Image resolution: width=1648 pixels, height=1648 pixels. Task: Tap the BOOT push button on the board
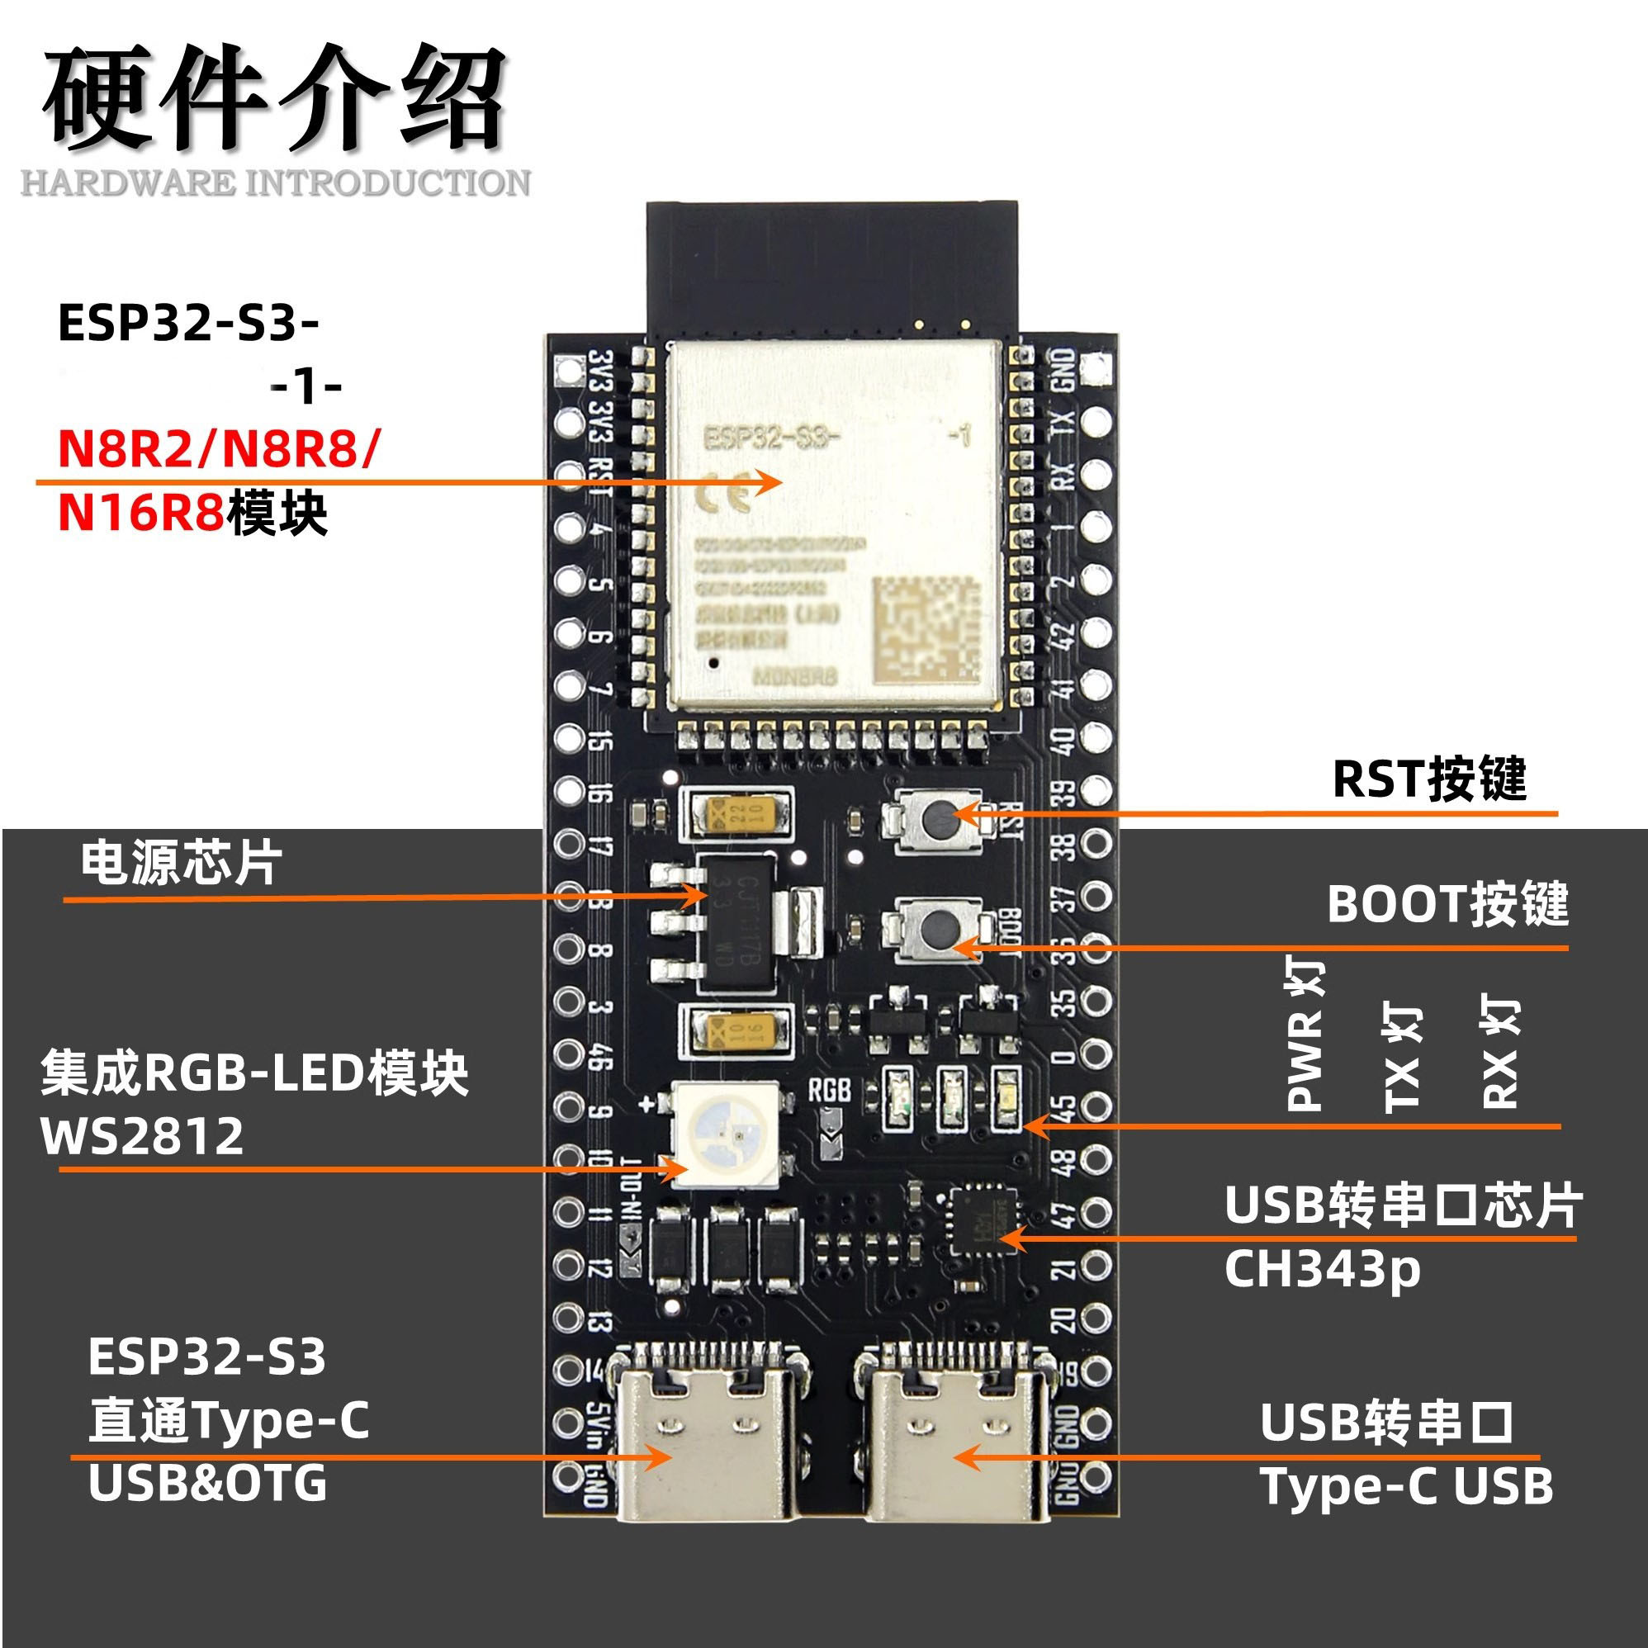[938, 926]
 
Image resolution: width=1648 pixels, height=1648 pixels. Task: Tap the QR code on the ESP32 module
[926, 628]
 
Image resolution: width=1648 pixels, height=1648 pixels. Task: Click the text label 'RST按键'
[1428, 778]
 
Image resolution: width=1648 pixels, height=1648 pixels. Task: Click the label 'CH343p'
[1321, 1270]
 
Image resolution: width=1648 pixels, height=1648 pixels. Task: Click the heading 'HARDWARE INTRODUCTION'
[275, 182]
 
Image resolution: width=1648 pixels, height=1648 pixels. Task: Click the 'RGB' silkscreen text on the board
[829, 1089]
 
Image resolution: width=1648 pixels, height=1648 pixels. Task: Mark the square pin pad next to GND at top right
[1096, 368]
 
